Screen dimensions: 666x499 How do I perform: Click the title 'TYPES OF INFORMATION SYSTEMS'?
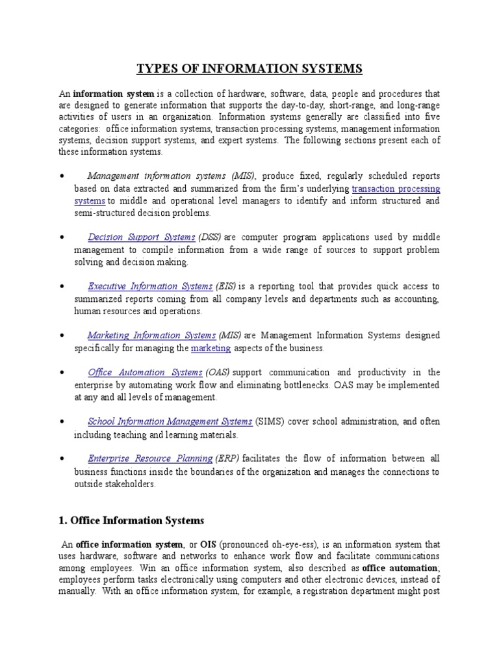(x=249, y=68)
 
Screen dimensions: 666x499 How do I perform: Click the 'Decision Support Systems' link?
(x=141, y=237)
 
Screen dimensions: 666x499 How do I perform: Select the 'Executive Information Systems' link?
(x=150, y=287)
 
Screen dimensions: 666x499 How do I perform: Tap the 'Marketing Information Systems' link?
(x=151, y=336)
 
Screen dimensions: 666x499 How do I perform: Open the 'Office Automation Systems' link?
(x=145, y=373)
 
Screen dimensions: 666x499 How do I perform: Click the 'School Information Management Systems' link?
(x=170, y=421)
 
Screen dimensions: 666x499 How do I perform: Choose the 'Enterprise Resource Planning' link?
(x=150, y=459)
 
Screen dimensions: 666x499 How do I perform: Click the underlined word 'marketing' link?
(x=211, y=349)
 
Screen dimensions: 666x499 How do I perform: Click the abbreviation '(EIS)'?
(x=225, y=287)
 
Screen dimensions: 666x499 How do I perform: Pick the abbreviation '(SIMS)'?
(x=270, y=421)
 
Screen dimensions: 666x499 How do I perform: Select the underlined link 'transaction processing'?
(x=396, y=189)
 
